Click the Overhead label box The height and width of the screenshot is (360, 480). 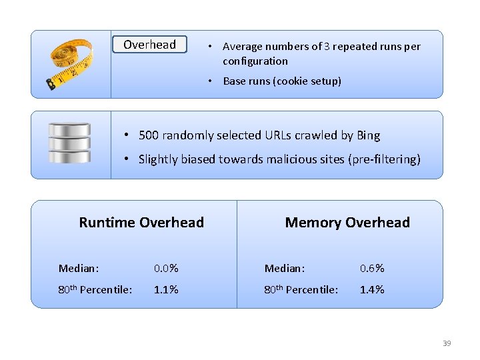click(149, 45)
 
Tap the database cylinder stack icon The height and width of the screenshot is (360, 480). click(69, 143)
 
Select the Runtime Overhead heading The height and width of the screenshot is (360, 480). click(141, 223)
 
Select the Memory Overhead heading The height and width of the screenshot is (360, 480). click(347, 223)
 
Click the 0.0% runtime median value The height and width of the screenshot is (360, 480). click(166, 269)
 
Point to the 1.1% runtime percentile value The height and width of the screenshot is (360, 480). click(166, 290)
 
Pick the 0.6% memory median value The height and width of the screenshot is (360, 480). click(372, 269)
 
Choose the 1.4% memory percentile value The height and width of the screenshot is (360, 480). click(372, 290)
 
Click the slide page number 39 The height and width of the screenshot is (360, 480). click(447, 343)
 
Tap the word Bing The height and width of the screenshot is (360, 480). click(368, 136)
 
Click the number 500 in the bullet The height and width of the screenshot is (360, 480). click(149, 135)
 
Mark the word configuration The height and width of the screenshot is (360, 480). click(255, 61)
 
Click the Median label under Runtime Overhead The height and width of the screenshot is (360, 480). click(79, 269)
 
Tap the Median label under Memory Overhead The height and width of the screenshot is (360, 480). click(285, 269)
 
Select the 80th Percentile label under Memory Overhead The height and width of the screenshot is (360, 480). click(301, 290)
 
